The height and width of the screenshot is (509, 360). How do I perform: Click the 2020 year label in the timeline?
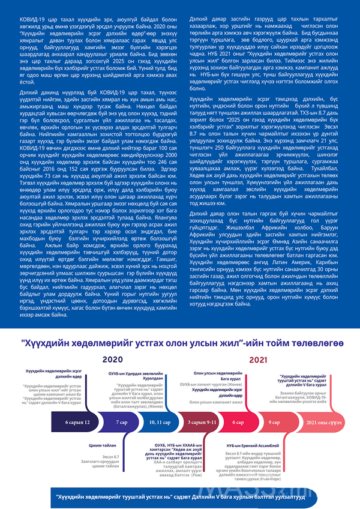[112, 360]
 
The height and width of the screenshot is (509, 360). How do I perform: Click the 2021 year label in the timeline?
[258, 360]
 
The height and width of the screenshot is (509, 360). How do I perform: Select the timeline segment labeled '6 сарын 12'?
[77, 423]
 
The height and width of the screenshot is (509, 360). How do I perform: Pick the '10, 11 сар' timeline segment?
[160, 423]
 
